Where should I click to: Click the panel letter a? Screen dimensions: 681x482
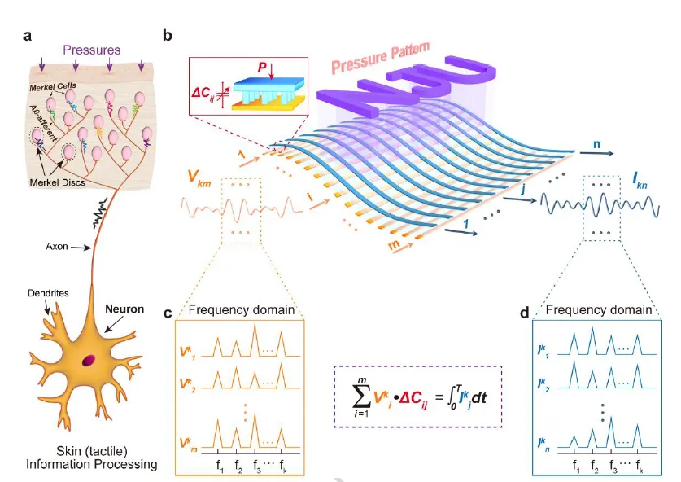(28, 35)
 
